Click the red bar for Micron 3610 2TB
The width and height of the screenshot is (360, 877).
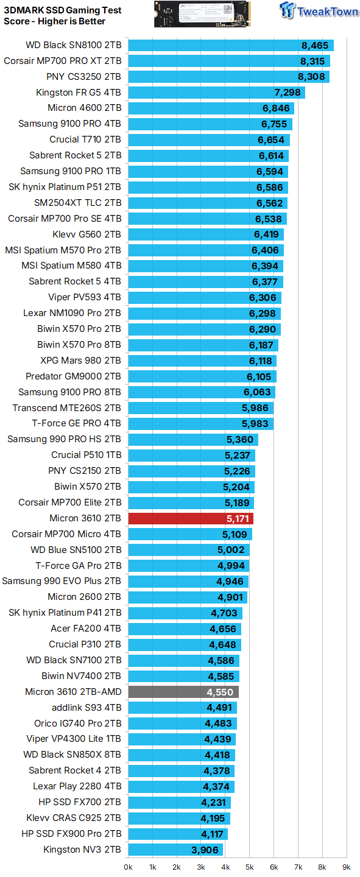(190, 518)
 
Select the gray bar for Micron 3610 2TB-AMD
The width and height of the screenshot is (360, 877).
(183, 692)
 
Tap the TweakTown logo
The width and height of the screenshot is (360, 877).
(320, 12)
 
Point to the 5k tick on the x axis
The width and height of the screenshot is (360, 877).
(249, 866)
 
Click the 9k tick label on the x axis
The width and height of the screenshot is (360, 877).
(346, 866)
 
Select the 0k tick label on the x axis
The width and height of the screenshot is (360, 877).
(128, 866)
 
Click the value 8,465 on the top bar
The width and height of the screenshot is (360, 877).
(314, 45)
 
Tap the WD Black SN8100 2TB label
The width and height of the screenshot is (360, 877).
(73, 45)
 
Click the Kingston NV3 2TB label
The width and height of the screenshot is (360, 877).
(82, 850)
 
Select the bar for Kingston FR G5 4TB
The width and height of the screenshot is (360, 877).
(216, 93)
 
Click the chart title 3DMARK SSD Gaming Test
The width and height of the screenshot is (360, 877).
(63, 10)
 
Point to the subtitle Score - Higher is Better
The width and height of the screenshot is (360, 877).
(54, 21)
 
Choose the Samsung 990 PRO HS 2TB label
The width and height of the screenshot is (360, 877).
(64, 439)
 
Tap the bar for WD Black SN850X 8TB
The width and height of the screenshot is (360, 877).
(181, 755)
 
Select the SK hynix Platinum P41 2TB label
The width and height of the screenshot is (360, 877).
(65, 613)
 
